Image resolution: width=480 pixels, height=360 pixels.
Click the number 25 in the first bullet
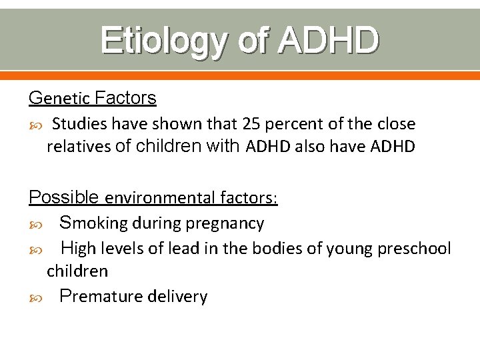click(x=253, y=124)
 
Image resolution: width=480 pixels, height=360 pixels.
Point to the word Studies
click(x=80, y=124)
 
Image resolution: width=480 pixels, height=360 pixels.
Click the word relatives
click(x=79, y=147)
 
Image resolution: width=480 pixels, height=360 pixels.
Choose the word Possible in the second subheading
click(x=64, y=197)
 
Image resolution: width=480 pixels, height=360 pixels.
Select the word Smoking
click(x=93, y=223)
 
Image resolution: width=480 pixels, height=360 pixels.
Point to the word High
click(x=79, y=249)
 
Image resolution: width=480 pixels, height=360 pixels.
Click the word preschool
click(x=414, y=249)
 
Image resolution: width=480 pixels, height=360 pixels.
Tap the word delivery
click(x=177, y=297)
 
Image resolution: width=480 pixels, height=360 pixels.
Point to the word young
click(x=352, y=249)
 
